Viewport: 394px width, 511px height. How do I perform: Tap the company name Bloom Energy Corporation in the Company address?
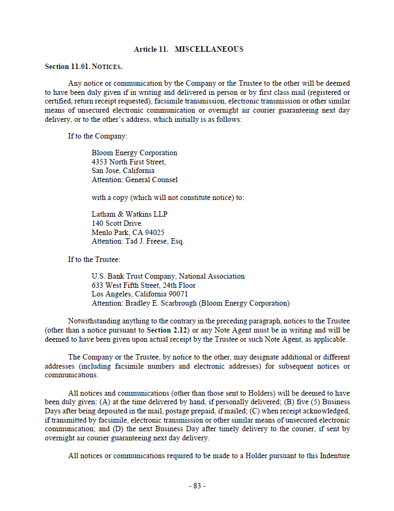pos(134,153)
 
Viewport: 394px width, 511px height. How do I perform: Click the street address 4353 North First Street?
pos(128,162)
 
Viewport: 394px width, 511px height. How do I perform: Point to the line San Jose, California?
pos(123,171)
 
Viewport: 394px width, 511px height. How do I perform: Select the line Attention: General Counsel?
pos(134,179)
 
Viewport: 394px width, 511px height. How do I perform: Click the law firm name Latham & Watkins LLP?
pos(130,215)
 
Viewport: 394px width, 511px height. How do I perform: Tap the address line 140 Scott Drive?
pos(117,223)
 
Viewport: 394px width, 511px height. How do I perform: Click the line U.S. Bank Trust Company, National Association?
pos(168,277)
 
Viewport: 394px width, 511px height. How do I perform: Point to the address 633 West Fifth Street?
pos(125,285)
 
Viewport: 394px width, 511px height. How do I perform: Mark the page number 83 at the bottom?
pos(197,486)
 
